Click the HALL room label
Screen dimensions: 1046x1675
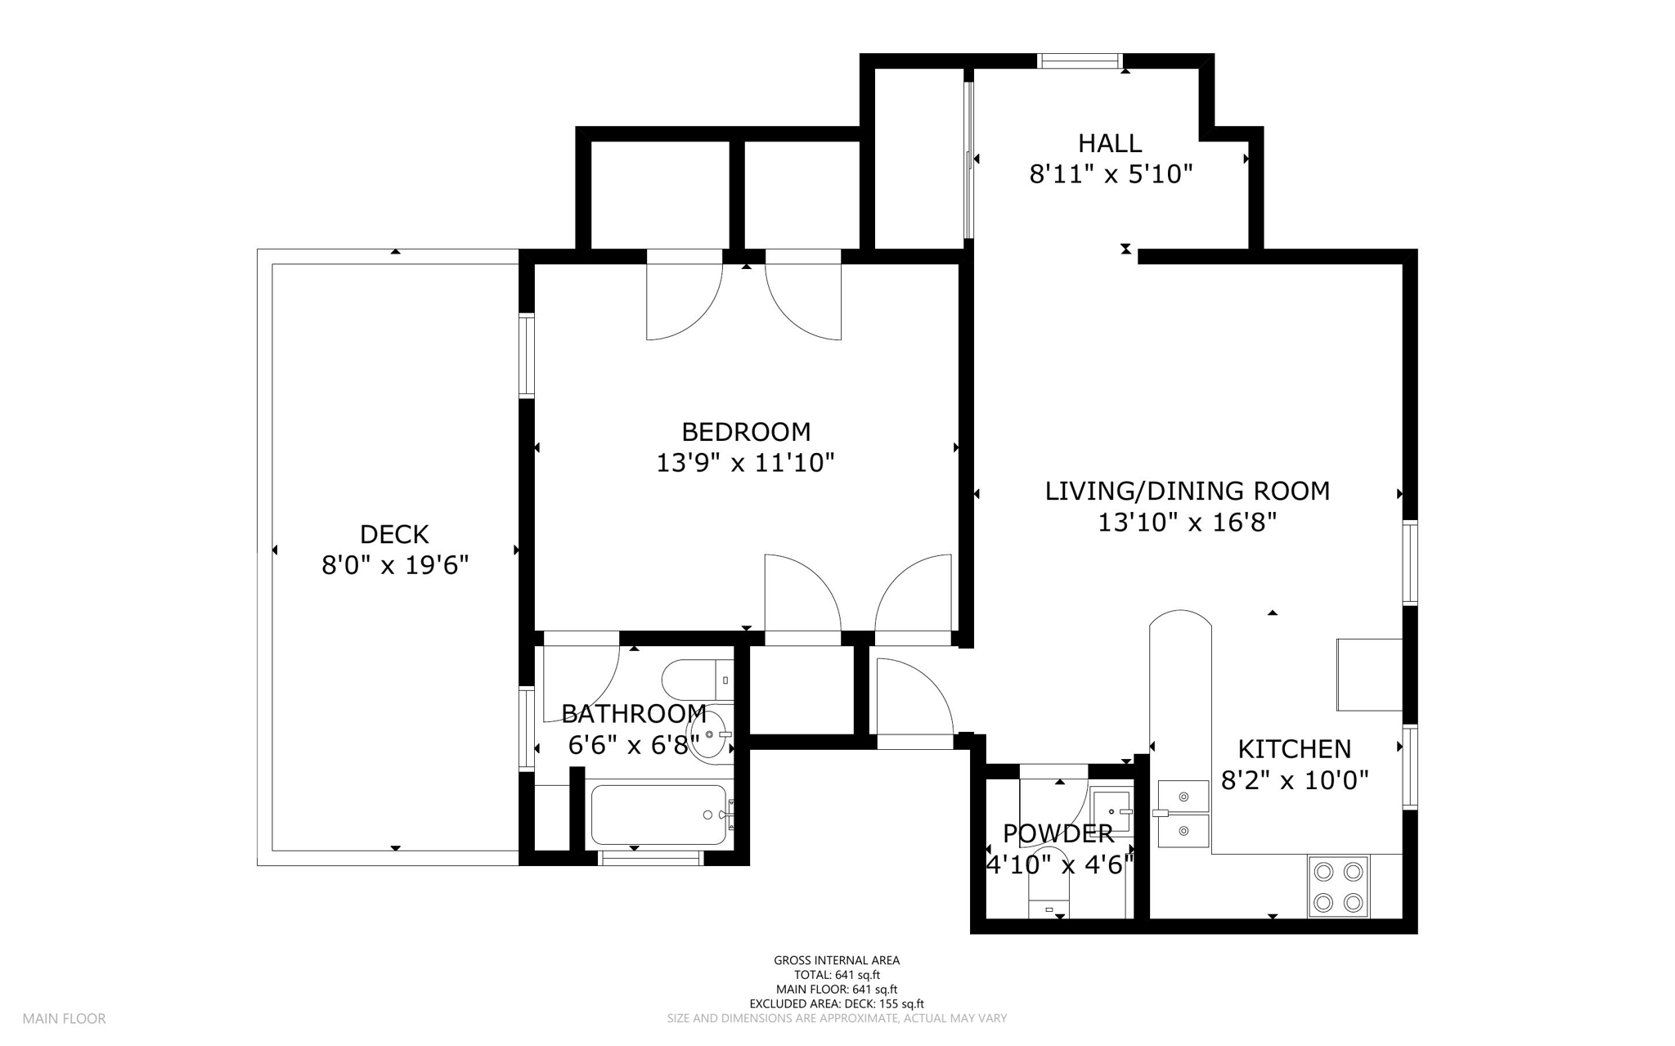[x=1109, y=143]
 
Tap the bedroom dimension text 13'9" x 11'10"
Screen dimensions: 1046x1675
[x=745, y=463]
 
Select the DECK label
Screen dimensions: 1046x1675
[x=394, y=534]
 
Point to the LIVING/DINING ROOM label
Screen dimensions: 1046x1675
[x=1187, y=491]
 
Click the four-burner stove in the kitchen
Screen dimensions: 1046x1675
[x=1338, y=887]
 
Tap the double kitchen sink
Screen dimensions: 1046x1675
[x=1183, y=814]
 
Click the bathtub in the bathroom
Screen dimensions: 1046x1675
[x=658, y=815]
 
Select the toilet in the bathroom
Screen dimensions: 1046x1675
[x=696, y=680]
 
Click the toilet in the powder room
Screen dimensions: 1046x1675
[x=1049, y=887]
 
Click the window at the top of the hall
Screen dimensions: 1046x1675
[x=1080, y=61]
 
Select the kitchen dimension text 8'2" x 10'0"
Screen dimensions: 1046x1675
[x=1294, y=780]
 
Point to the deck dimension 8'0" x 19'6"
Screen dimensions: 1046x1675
[x=394, y=565]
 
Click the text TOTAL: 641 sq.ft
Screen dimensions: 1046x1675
[x=837, y=975]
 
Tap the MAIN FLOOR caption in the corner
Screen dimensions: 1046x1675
[x=64, y=1019]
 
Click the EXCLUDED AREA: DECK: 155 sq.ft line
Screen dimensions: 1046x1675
[x=837, y=1003]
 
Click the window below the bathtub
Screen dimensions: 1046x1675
[x=651, y=858]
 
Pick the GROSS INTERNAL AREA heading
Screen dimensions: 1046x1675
[x=837, y=960]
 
